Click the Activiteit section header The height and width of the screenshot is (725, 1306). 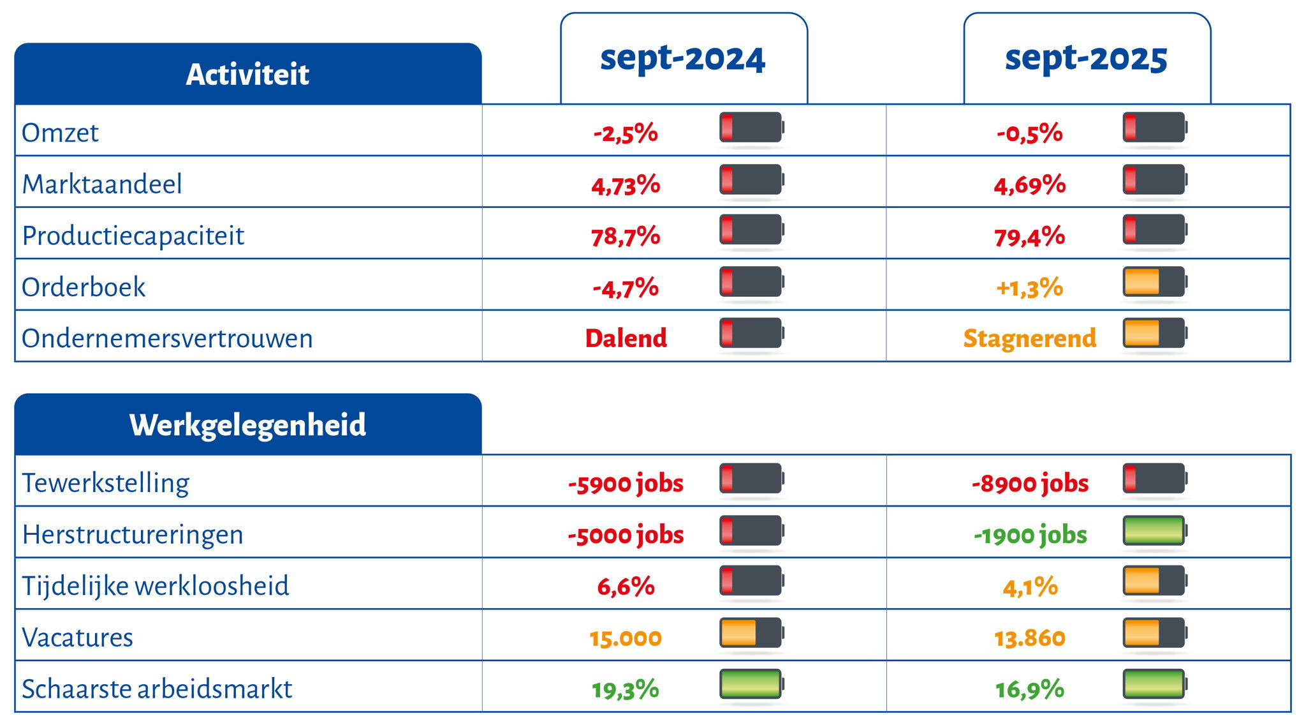pyautogui.click(x=247, y=74)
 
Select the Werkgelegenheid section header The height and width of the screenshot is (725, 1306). pyautogui.click(x=247, y=424)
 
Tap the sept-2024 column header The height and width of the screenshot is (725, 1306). pyautogui.click(x=683, y=59)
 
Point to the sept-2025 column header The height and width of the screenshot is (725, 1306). pyautogui.click(x=1086, y=59)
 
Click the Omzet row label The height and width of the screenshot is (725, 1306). pyautogui.click(x=61, y=133)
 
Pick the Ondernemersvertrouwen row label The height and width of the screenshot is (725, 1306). pyautogui.click(x=167, y=338)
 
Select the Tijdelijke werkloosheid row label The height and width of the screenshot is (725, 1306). pyautogui.click(x=156, y=586)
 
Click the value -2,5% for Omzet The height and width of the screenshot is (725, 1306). pyautogui.click(x=626, y=133)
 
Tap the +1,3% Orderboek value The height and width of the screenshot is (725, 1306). pyautogui.click(x=1029, y=288)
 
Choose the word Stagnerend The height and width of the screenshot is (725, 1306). pyautogui.click(x=1029, y=338)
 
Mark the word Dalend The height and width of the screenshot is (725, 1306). pyautogui.click(x=626, y=338)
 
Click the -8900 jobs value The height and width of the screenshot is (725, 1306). pyautogui.click(x=1029, y=483)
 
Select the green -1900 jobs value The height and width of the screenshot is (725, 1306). pyautogui.click(x=1029, y=535)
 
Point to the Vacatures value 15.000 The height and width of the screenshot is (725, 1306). pyautogui.click(x=626, y=638)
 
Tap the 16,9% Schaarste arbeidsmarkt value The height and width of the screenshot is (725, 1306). pyautogui.click(x=1029, y=689)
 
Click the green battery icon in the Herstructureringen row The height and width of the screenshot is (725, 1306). pyautogui.click(x=1154, y=531)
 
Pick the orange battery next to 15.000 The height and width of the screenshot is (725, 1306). pyautogui.click(x=751, y=633)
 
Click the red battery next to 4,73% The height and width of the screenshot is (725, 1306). pyautogui.click(x=751, y=180)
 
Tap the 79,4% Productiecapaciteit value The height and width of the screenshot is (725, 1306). pyautogui.click(x=1029, y=236)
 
